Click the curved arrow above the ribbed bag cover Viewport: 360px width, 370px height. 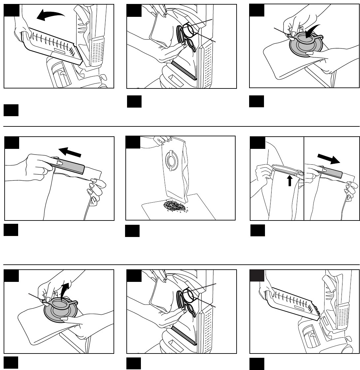(x=50, y=15)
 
